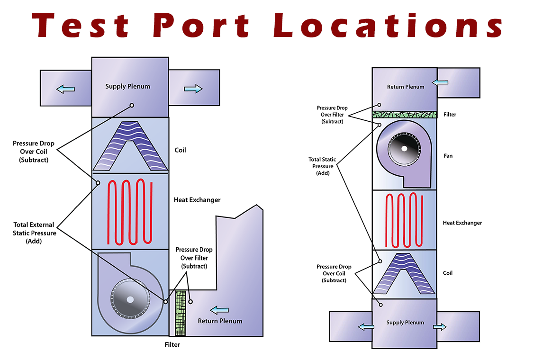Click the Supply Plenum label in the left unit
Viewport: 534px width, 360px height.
(x=128, y=86)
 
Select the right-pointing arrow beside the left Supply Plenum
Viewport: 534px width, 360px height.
(x=193, y=89)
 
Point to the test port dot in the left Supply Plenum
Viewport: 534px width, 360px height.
(x=132, y=105)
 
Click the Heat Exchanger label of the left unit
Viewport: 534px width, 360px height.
(x=197, y=200)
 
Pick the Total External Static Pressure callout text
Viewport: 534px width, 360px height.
(x=34, y=233)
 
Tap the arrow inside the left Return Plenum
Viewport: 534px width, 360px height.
(x=219, y=310)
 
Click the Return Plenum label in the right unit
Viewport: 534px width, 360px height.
(x=406, y=87)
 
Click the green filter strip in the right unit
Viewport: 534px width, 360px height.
(x=404, y=115)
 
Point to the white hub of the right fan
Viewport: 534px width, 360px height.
(x=404, y=149)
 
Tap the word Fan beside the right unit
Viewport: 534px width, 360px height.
(x=448, y=156)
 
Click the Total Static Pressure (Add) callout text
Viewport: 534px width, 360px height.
(x=322, y=166)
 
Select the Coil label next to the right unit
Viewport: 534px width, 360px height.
(x=448, y=273)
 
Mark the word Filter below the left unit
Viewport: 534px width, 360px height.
(x=172, y=345)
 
